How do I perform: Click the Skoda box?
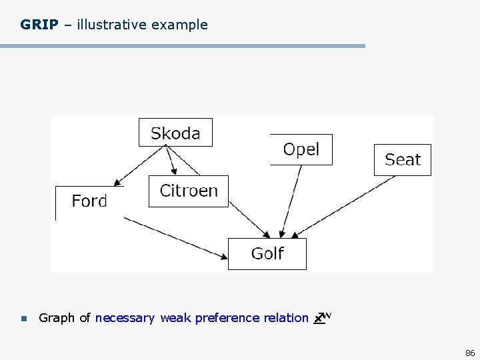(175, 133)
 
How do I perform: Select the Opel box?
(301, 149)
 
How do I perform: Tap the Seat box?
(403, 160)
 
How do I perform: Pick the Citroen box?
(189, 191)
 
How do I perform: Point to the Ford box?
(89, 201)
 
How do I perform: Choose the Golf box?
(267, 254)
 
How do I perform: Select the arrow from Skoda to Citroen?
(170, 161)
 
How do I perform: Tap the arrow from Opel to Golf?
(291, 200)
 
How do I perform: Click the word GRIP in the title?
(39, 25)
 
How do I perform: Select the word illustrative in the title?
(111, 25)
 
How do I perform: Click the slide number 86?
(470, 352)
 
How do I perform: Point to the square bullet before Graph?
(23, 319)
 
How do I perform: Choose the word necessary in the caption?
(125, 318)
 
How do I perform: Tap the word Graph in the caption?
(57, 318)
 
